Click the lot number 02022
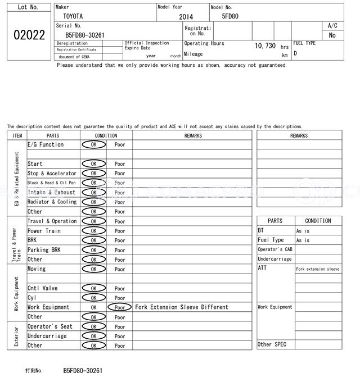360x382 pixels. tap(29, 35)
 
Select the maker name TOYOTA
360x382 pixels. tap(72, 17)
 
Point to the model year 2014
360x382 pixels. tap(186, 17)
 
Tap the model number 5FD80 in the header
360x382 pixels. tap(230, 16)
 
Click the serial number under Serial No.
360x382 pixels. tap(80, 35)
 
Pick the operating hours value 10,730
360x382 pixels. tap(265, 46)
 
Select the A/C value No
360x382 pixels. tap(332, 35)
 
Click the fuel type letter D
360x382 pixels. tap(295, 53)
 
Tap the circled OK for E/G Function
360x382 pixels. tap(93, 145)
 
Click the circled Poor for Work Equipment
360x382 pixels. tap(120, 307)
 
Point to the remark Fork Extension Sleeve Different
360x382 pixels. tap(182, 307)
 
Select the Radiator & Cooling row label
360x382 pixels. tap(52, 202)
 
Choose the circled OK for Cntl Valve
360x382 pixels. tap(93, 288)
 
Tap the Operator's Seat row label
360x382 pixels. tap(50, 326)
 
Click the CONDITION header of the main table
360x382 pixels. tap(106, 135)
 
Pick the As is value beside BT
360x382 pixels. tap(303, 231)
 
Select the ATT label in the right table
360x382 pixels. tap(262, 269)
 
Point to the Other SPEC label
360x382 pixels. tap(272, 344)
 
